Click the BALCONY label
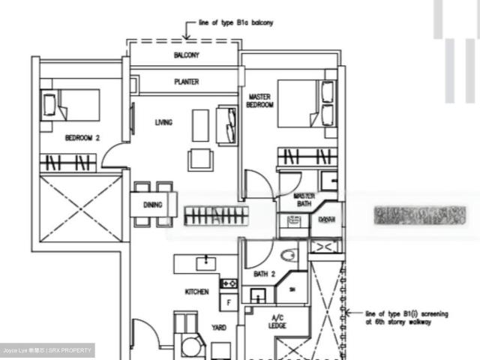tap(187, 56)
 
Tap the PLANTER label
tap(187, 82)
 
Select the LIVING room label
tap(164, 122)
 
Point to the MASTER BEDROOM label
tap(260, 101)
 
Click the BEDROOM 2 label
tap(82, 138)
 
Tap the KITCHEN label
tap(197, 292)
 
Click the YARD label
tap(218, 328)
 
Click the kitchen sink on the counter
tap(203, 262)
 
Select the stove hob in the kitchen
tap(229, 283)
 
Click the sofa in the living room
tap(226, 124)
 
